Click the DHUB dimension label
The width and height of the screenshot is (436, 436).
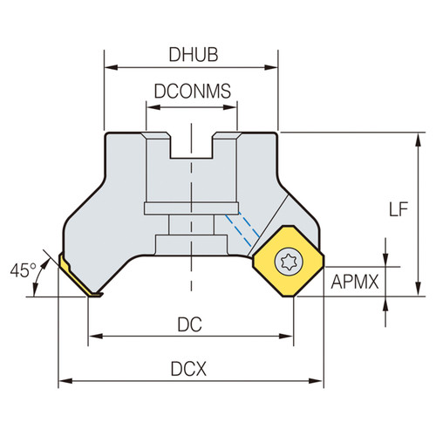coord(191,53)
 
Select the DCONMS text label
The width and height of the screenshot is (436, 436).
coord(192,90)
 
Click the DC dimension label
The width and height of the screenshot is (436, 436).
coord(191,323)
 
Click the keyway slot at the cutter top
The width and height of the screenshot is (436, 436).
coord(192,145)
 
